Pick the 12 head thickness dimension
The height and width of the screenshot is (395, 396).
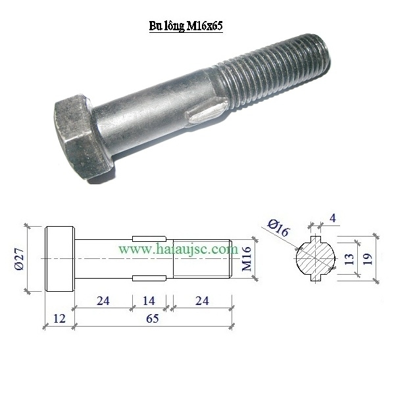coord(59,318)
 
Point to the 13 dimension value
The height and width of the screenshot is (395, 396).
coord(349,259)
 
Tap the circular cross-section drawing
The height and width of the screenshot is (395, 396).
coord(316,258)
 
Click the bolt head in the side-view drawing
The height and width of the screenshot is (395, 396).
coord(59,259)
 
